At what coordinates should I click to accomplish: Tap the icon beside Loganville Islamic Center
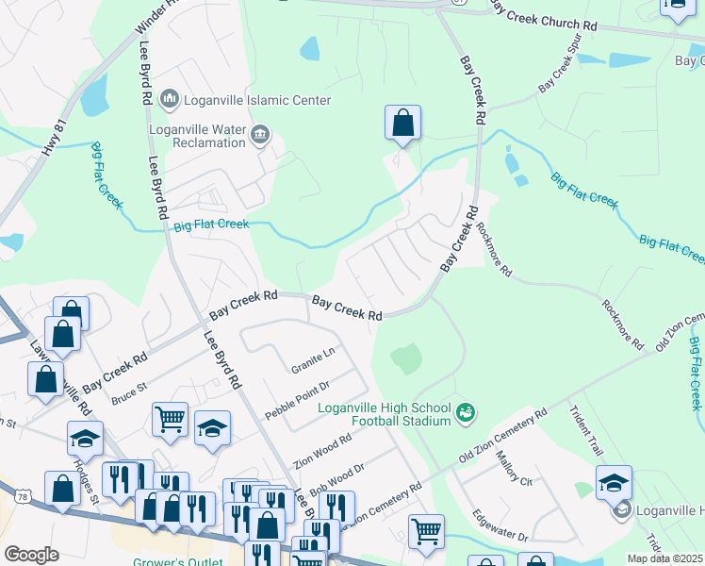click(x=171, y=98)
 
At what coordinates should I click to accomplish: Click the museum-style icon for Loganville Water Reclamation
click(x=260, y=136)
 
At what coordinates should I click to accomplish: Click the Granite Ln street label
click(x=312, y=359)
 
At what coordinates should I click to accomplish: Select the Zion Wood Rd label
click(x=322, y=450)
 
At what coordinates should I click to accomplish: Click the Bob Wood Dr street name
click(x=336, y=475)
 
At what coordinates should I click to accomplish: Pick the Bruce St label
click(x=130, y=393)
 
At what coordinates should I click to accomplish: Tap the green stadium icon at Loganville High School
click(x=466, y=412)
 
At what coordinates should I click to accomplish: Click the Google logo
click(x=31, y=555)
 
